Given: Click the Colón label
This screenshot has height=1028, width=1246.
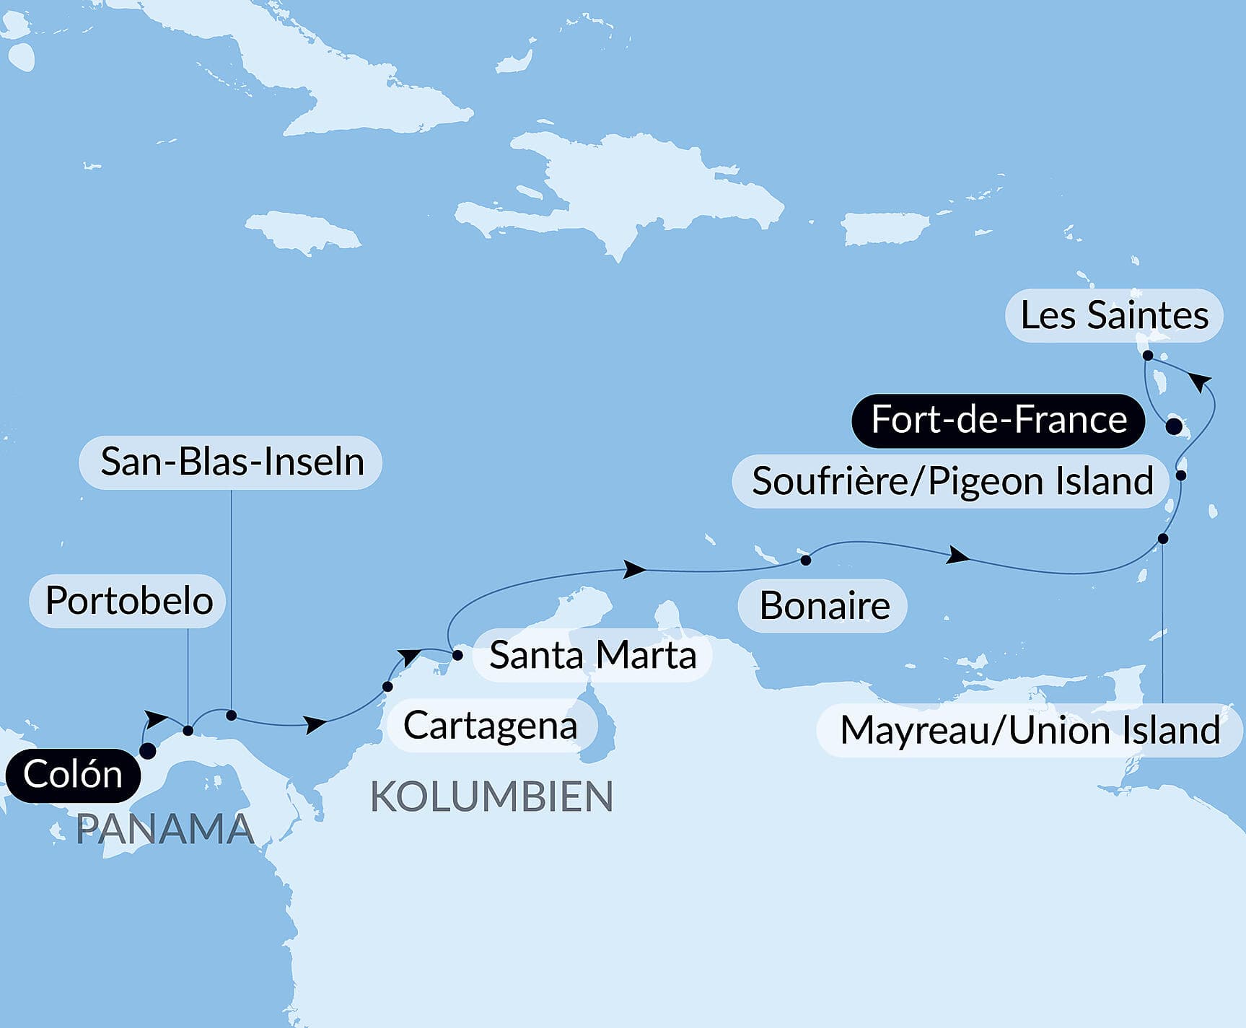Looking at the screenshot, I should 73,776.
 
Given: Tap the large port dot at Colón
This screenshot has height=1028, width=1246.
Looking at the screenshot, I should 147,751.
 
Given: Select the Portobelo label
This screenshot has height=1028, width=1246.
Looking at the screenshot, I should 128,600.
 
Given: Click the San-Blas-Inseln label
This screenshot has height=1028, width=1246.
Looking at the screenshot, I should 231,462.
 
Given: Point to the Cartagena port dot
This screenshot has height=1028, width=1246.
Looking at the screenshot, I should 387,687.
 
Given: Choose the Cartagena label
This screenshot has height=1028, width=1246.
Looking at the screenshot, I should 491,725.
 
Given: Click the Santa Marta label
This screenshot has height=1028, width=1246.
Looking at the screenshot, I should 592,655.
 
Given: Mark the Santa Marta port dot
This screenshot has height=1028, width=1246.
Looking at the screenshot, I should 457,655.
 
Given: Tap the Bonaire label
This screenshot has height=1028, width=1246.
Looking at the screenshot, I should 823,605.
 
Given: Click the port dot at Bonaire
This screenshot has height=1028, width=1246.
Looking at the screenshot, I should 806,560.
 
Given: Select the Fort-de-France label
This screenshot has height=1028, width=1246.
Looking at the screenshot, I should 999,420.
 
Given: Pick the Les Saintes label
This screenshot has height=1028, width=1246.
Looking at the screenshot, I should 1114,315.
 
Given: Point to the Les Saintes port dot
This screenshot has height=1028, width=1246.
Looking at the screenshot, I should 1148,355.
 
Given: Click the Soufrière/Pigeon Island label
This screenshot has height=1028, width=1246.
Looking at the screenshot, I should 952,481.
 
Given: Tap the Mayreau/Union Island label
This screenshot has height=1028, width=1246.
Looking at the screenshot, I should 1030,730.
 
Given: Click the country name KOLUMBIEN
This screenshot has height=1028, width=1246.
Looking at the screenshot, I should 491,797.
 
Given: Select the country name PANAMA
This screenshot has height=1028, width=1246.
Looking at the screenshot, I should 164,830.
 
